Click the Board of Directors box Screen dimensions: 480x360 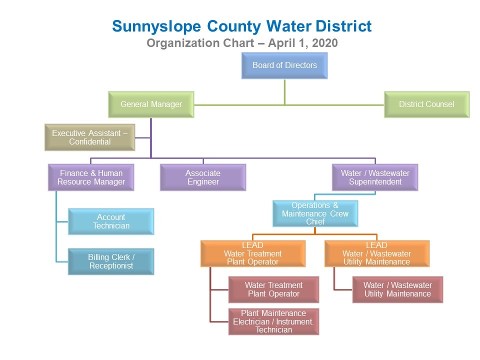pos(284,65)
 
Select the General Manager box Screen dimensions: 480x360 pos(151,104)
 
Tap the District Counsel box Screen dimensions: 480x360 pos(426,104)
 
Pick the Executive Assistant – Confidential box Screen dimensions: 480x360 pos(89,137)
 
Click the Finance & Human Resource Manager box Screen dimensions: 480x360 pos(91,177)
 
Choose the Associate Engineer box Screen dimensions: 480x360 pos(203,177)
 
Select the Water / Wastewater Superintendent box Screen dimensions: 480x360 pos(375,177)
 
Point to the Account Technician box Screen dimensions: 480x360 pos(111,221)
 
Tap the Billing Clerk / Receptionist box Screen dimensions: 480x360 pos(111,261)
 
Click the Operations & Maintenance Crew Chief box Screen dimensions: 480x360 pos(315,213)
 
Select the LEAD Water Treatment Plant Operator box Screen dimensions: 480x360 pos(253,253)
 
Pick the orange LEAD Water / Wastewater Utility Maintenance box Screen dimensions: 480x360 pos(377,253)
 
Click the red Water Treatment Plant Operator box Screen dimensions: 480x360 pos(273,289)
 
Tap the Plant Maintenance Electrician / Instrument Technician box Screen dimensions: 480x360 pos(273,321)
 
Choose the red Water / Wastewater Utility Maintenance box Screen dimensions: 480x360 pos(397,289)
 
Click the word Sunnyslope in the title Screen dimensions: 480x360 pos(156,27)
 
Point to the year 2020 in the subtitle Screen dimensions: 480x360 pos(325,43)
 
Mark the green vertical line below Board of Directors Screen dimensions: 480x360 pos(284,92)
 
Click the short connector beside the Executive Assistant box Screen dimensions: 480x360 pos(142,138)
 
